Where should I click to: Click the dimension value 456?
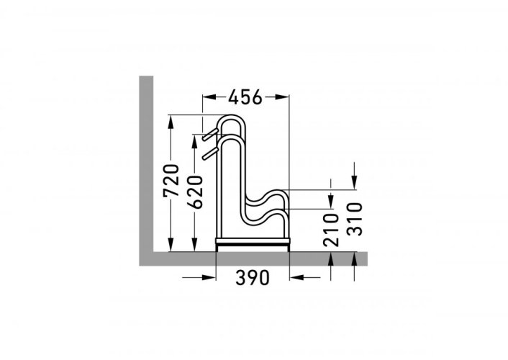point(245,97)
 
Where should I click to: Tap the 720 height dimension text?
point(171,181)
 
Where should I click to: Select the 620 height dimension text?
point(195,192)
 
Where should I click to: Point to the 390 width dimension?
point(253,278)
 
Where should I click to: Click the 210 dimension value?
point(331,230)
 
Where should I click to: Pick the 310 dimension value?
point(354,219)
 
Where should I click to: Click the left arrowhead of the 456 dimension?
point(209,96)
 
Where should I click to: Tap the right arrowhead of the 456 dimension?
point(281,96)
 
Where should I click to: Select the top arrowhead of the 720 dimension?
point(171,121)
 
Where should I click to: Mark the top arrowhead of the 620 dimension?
point(194,141)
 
